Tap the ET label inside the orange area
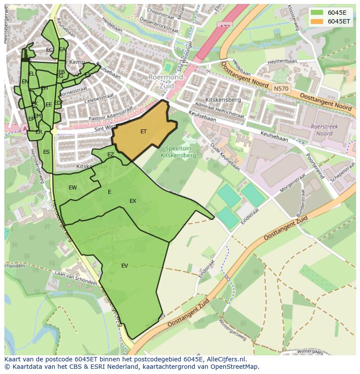coord(143,131)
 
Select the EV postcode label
coord(125,266)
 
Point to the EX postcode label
coord(133,201)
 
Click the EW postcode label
coord(73,188)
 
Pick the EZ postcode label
coord(110,155)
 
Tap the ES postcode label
coord(46,152)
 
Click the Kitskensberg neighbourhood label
coord(223,100)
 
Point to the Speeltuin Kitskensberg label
coord(178,152)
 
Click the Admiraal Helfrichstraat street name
coord(220,110)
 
